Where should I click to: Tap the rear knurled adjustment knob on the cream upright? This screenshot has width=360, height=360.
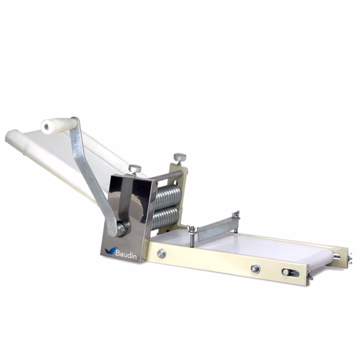[x=179, y=158]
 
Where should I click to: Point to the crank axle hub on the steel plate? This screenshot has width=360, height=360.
[x=122, y=228]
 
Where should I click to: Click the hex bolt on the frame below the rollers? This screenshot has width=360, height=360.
[x=161, y=254]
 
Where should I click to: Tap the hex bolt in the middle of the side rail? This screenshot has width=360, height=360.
[x=255, y=268]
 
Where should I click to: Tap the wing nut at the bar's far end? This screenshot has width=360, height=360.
[x=236, y=214]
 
